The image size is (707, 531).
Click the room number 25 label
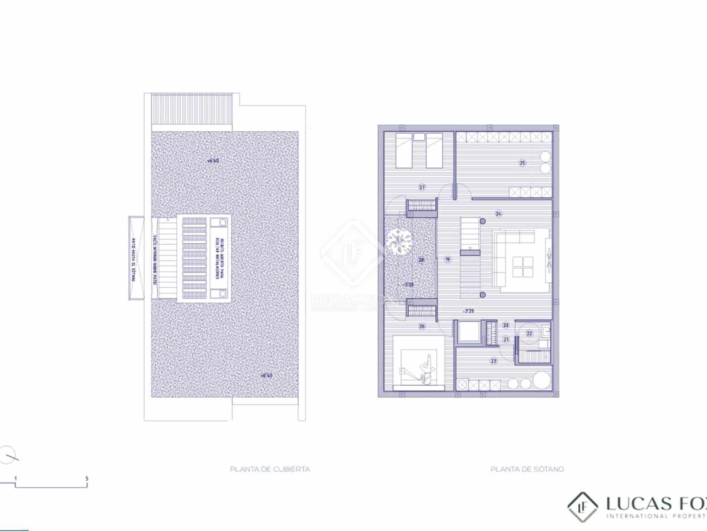522,163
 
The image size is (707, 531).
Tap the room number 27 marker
422,187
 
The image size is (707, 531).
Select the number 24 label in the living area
498,214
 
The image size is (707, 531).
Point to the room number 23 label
494,361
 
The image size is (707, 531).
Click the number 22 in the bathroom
529,334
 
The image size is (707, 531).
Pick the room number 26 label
422,327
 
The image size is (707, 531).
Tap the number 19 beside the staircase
448,259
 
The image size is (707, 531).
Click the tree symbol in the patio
399,242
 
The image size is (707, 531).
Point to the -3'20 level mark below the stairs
468,311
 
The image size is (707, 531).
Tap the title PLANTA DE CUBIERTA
270,469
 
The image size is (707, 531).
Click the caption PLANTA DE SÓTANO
527,469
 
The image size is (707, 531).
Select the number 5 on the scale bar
87,478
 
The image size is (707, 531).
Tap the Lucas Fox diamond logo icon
582,507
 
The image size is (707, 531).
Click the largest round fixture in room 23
541,380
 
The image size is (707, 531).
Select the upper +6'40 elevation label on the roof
213,161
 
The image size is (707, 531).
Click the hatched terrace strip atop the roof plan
191,109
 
